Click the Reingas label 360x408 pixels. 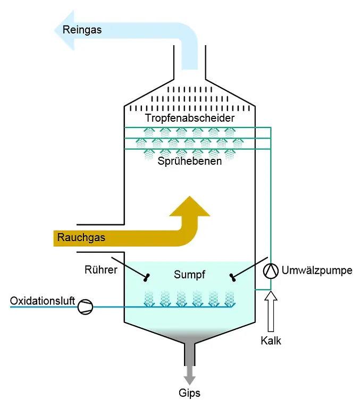point(81,30)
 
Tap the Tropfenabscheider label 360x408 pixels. point(189,117)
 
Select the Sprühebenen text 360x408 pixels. point(189,161)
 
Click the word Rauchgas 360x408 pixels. point(81,237)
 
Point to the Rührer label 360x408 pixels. point(101,270)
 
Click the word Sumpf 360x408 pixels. point(189,275)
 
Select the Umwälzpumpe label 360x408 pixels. point(317,271)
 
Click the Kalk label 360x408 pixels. point(271,341)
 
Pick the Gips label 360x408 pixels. point(190,394)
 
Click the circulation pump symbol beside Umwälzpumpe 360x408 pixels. point(271,271)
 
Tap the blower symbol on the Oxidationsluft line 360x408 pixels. point(85,307)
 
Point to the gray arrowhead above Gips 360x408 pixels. point(190,378)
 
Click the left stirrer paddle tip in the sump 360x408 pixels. point(146,276)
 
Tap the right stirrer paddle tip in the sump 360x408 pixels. point(232,276)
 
